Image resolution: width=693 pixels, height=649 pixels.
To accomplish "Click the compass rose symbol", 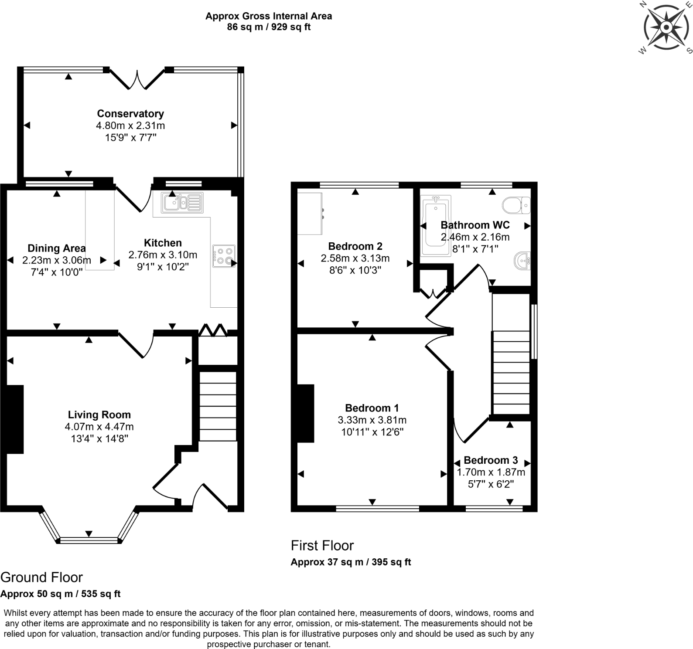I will [666, 27].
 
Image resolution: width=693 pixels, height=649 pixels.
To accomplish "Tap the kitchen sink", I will [182, 203].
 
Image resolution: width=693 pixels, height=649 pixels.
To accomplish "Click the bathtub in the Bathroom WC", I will [435, 226].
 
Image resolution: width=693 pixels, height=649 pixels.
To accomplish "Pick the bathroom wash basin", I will [522, 261].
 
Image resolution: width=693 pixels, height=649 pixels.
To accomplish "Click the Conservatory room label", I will [130, 114].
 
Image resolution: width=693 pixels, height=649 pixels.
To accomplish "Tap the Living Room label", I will [99, 415].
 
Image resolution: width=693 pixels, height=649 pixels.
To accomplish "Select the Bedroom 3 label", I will [491, 460].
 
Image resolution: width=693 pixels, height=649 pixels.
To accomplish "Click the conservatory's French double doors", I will [137, 79].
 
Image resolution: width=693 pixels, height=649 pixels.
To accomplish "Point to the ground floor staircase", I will [218, 405].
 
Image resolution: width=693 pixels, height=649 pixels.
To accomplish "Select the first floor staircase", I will [510, 373].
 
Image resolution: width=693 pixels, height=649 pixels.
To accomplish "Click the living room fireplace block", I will [15, 419].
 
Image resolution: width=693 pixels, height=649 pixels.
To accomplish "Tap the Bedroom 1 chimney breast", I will [306, 413].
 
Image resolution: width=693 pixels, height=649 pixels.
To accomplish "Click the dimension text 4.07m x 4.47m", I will [99, 427].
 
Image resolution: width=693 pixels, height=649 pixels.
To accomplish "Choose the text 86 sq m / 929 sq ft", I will [269, 27].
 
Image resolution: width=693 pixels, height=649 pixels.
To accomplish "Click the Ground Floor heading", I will [41, 577].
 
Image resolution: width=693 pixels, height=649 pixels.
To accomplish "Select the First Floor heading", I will [322, 545].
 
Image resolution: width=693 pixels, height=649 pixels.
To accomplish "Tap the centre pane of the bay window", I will [89, 540].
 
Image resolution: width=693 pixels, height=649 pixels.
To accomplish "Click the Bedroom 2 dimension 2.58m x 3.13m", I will [355, 258].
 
